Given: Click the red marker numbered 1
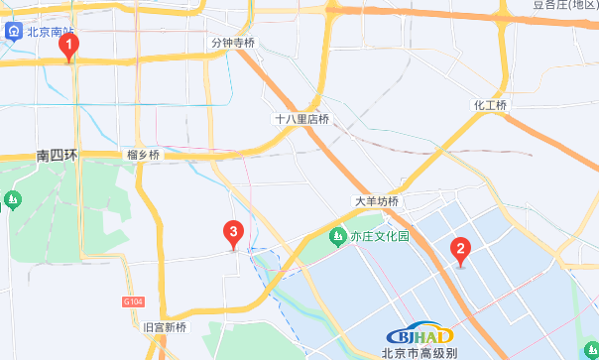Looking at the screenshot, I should coord(68,46).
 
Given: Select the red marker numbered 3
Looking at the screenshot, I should coord(233,234).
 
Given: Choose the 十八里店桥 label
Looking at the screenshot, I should coord(301,119).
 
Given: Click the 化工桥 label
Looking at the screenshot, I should coord(490,106).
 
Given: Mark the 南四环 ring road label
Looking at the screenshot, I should coord(57,156).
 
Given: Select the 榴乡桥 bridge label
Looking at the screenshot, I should coord(143,155).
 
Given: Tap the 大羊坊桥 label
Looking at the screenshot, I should coord(377,201).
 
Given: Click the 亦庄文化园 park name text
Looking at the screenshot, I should coord(380,237).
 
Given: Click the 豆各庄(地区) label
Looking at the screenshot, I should coord(565,5).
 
